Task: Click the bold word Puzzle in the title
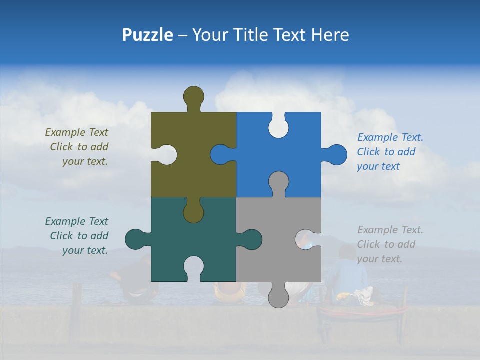(x=147, y=35)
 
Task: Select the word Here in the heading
(x=329, y=35)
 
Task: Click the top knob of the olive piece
(x=193, y=96)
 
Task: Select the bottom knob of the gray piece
(x=278, y=296)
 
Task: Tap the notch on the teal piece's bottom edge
(x=193, y=267)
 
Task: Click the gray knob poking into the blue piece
(x=278, y=182)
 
